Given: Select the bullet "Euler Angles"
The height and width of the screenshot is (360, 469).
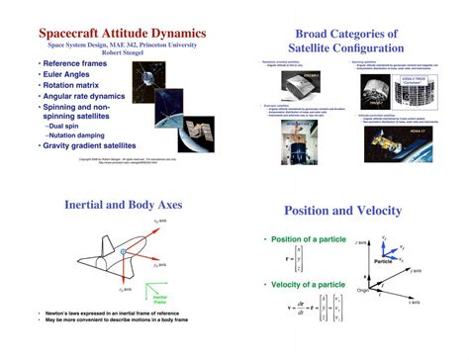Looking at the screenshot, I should tap(71, 74).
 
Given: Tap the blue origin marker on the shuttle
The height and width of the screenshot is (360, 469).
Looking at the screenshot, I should tap(123, 253).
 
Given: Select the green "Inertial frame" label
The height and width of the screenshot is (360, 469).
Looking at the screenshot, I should tap(160, 297).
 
